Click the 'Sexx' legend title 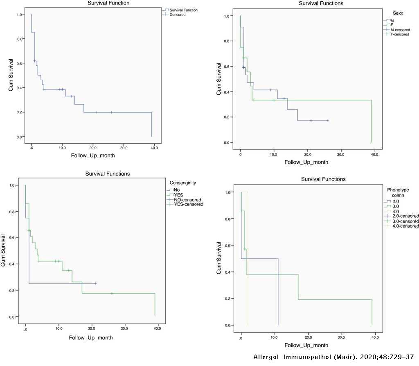[394, 13]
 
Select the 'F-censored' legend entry [399, 35]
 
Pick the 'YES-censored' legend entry [188, 204]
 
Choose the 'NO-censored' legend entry [187, 200]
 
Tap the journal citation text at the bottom [336, 357]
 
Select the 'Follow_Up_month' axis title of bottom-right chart [306, 346]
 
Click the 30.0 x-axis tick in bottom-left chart [124, 328]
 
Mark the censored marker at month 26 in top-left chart [111, 112]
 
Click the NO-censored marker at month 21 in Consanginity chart [95, 283]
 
